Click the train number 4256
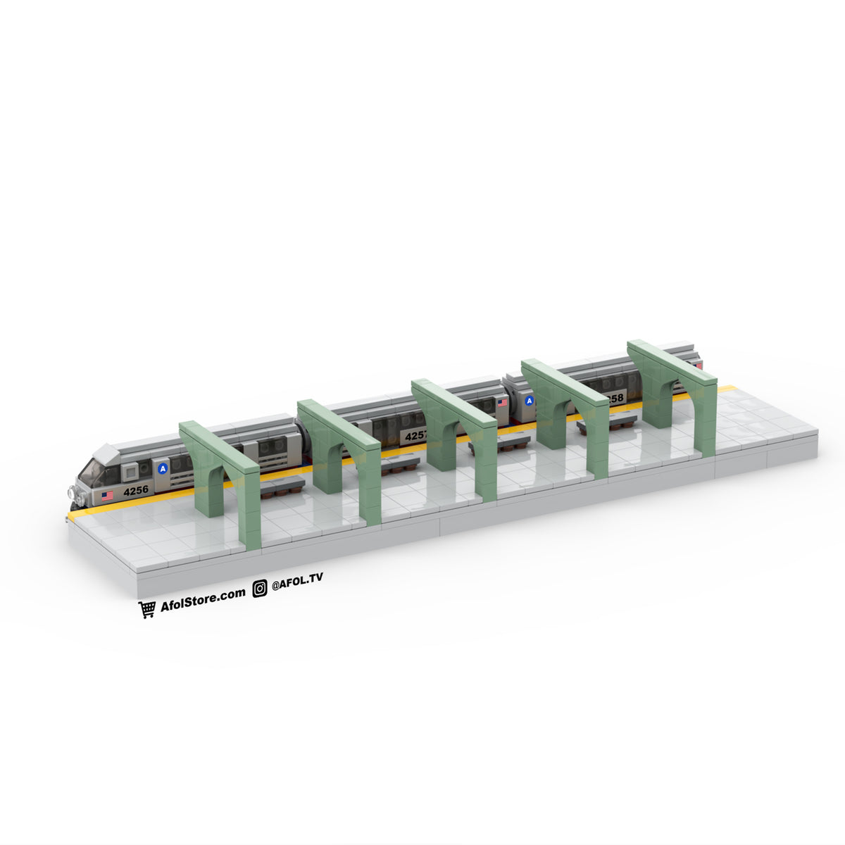point(136,491)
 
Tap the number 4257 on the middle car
point(415,436)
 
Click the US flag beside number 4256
point(107,496)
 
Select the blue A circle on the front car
point(163,468)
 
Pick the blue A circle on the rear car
point(530,401)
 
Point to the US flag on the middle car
point(502,403)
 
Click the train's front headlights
point(77,495)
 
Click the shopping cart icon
point(147,610)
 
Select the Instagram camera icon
point(260,589)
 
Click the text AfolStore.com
point(203,598)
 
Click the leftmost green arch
point(220,479)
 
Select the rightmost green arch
point(672,391)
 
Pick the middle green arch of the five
point(454,433)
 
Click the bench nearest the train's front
point(282,486)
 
